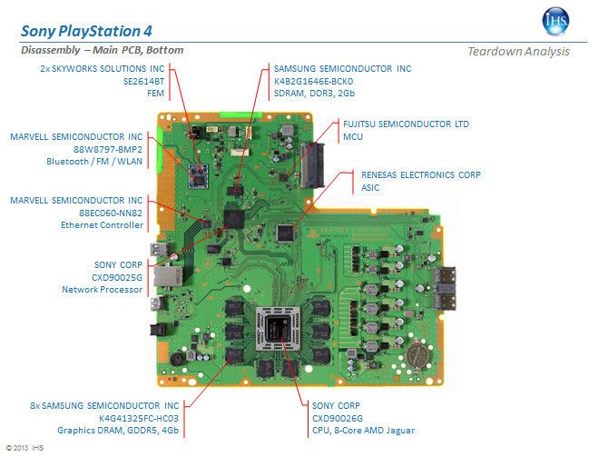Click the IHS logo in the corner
pos(556,21)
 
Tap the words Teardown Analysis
pos(518,51)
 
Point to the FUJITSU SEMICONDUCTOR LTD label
pos(405,123)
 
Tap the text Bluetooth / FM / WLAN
pos(93,161)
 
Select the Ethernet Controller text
pos(102,224)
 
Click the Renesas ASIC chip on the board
pos(288,229)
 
